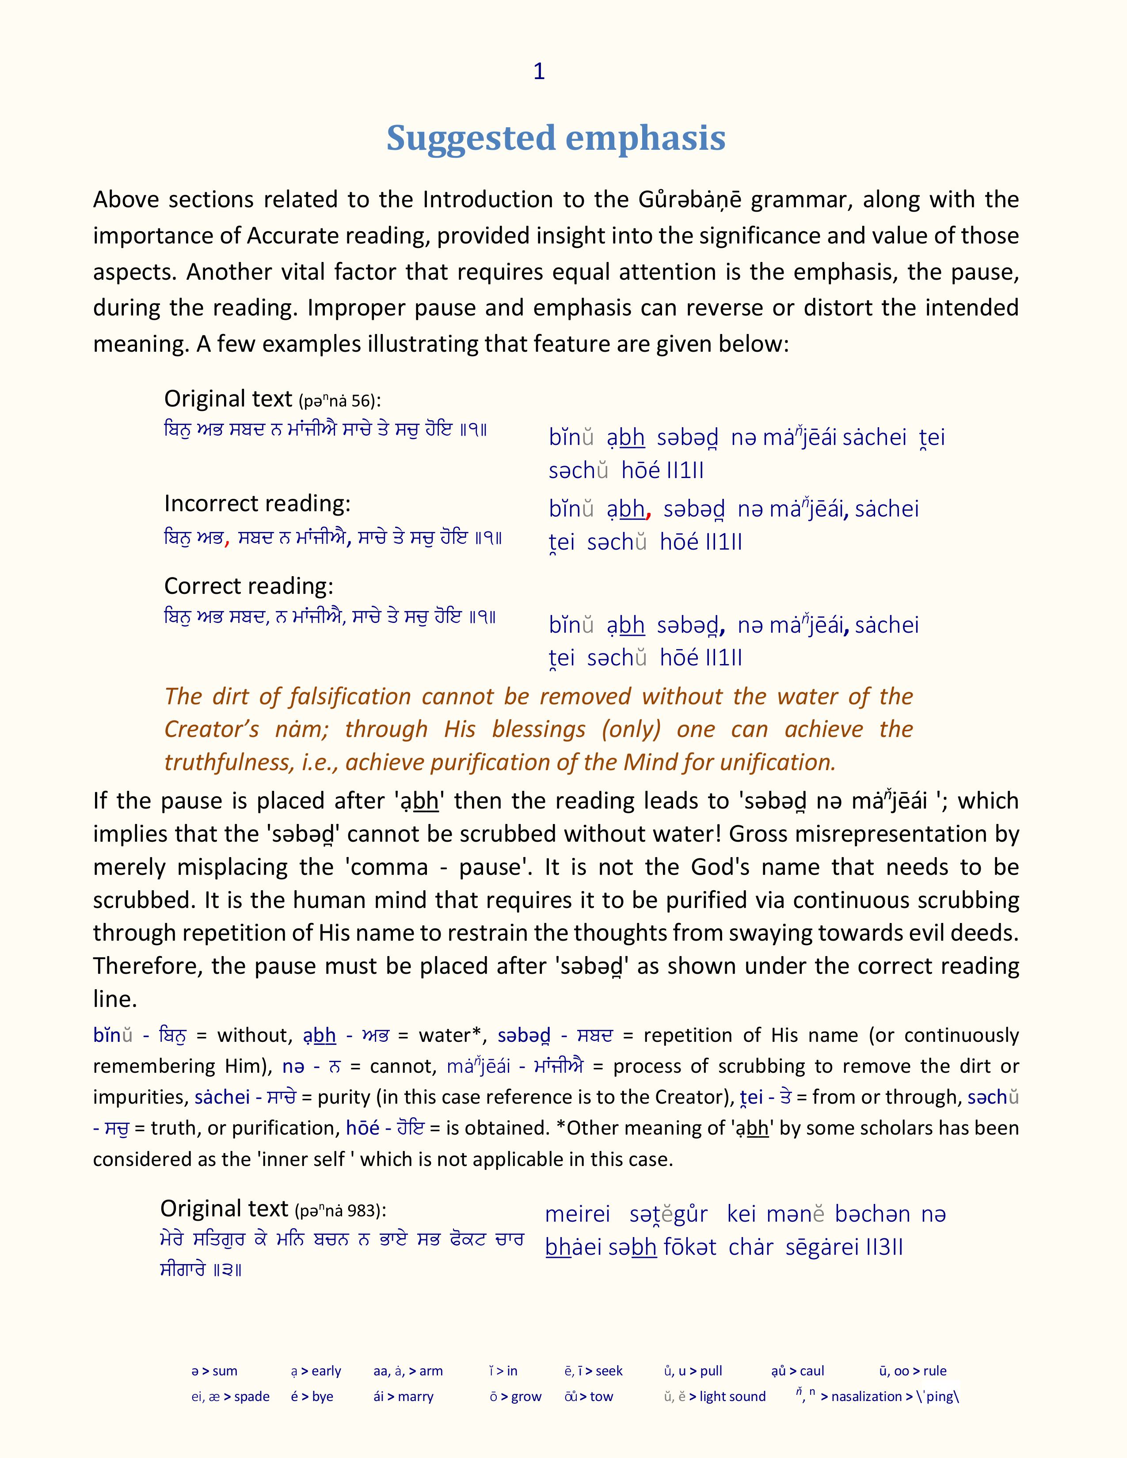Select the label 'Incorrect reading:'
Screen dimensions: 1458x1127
[257, 503]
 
